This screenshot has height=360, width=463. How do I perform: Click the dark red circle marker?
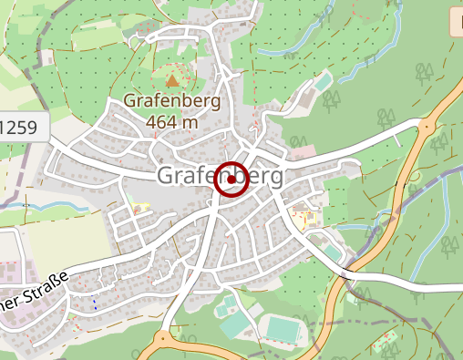[231, 180]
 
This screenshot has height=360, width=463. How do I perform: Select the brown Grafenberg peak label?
[171, 102]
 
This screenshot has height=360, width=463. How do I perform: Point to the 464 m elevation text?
[171, 121]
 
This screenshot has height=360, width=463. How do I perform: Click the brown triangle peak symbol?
[172, 79]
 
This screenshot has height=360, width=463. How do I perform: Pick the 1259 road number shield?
[20, 128]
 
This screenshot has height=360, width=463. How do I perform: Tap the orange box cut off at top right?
[456, 23]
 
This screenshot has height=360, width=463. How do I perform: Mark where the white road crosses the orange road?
[346, 271]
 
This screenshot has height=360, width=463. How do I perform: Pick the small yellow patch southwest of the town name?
[139, 209]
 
